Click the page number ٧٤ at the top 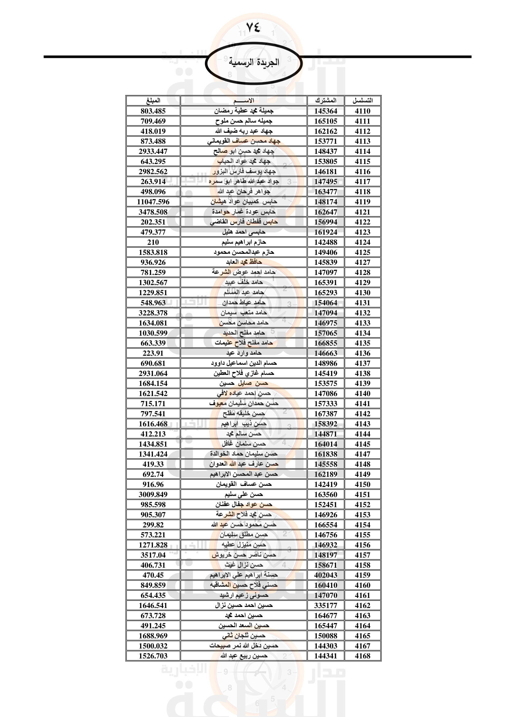point(253,28)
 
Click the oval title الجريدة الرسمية point(253,63)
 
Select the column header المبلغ point(153,101)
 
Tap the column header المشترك point(326,101)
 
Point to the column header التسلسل point(362,101)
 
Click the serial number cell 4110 point(362,111)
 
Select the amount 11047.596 point(153,202)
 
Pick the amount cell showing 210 point(153,242)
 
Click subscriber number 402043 point(326,575)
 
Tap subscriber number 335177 point(326,605)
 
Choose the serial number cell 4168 point(362,656)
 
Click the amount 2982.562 point(153,172)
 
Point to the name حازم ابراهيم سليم point(244,242)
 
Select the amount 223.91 point(153,353)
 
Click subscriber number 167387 point(326,414)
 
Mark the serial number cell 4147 point(362,454)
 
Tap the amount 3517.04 point(153,555)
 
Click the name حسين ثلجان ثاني point(244,636)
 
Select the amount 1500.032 point(153,646)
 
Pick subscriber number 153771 point(326,141)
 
